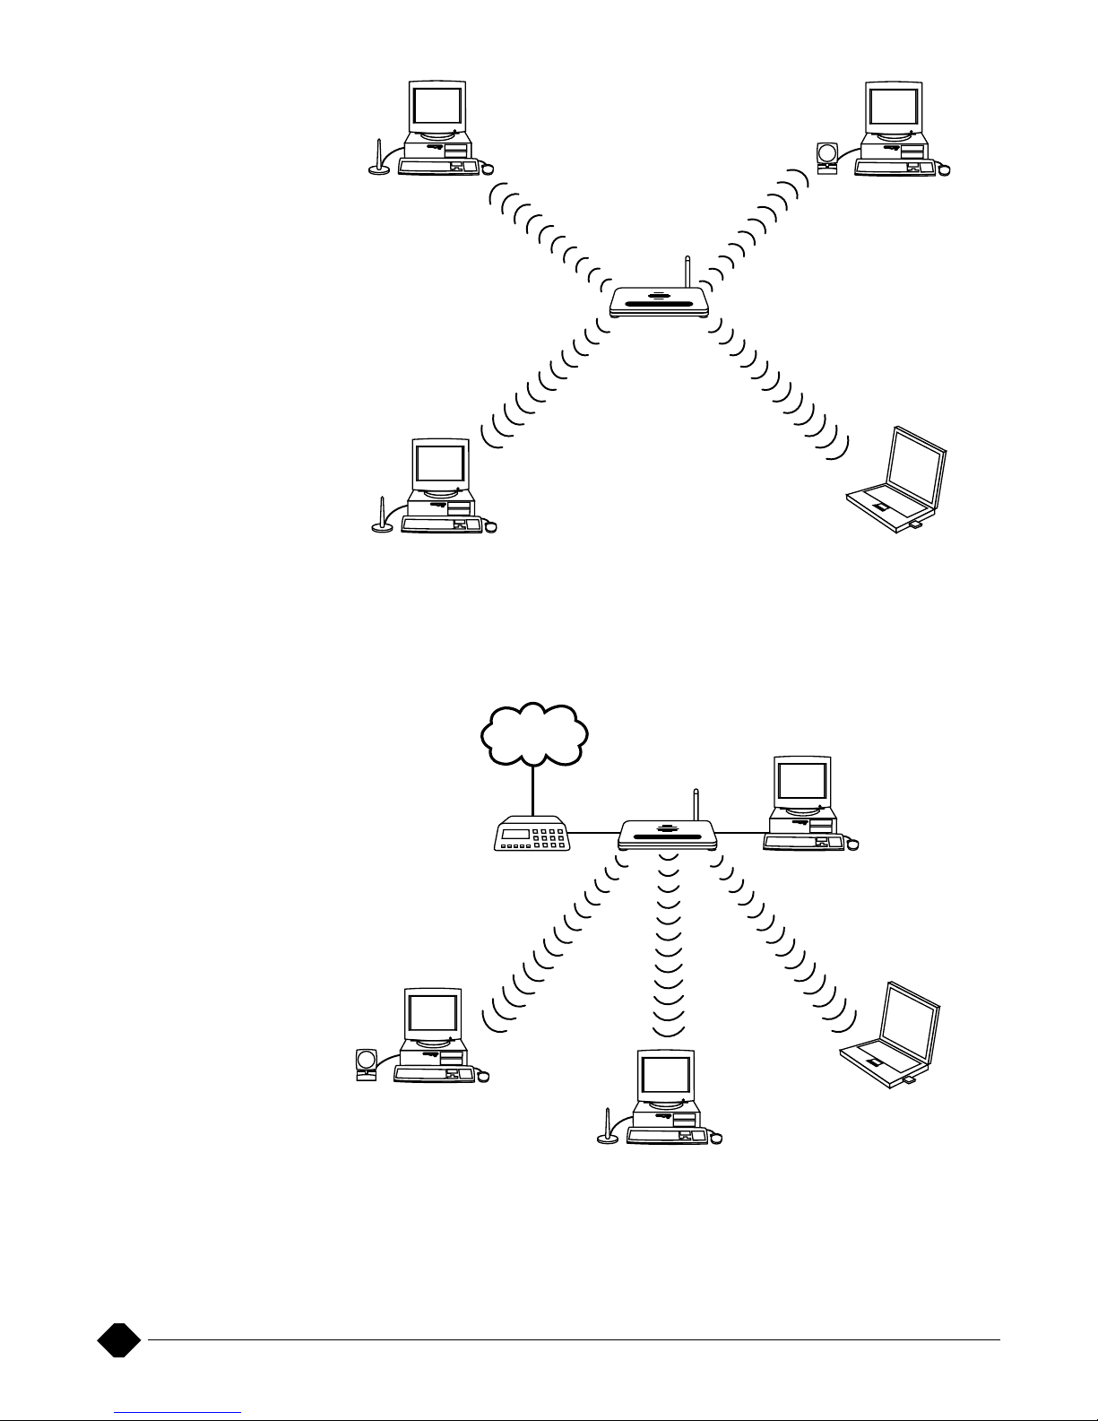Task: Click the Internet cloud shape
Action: [534, 733]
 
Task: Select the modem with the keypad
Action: [533, 835]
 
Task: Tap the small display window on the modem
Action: [514, 834]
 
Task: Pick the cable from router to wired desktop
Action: [740, 833]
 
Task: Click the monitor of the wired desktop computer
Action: [801, 782]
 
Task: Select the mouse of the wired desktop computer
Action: [852, 844]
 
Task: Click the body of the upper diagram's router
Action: [660, 302]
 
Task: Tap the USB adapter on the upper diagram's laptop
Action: [917, 525]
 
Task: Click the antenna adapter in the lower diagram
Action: [607, 1130]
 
